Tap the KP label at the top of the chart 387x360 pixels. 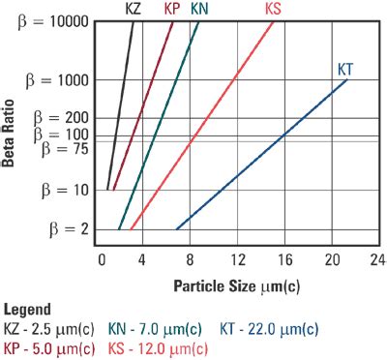pyautogui.click(x=173, y=10)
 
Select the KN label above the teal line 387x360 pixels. pyautogui.click(x=199, y=10)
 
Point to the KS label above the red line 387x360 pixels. pyautogui.click(x=273, y=10)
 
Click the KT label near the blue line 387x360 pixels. pyautogui.click(x=345, y=69)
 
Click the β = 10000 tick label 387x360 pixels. pyautogui.click(x=51, y=21)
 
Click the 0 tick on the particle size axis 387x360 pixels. pyautogui.click(x=101, y=260)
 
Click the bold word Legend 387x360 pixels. pyautogui.click(x=28, y=312)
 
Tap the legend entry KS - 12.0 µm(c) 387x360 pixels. pyautogui.click(x=158, y=347)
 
